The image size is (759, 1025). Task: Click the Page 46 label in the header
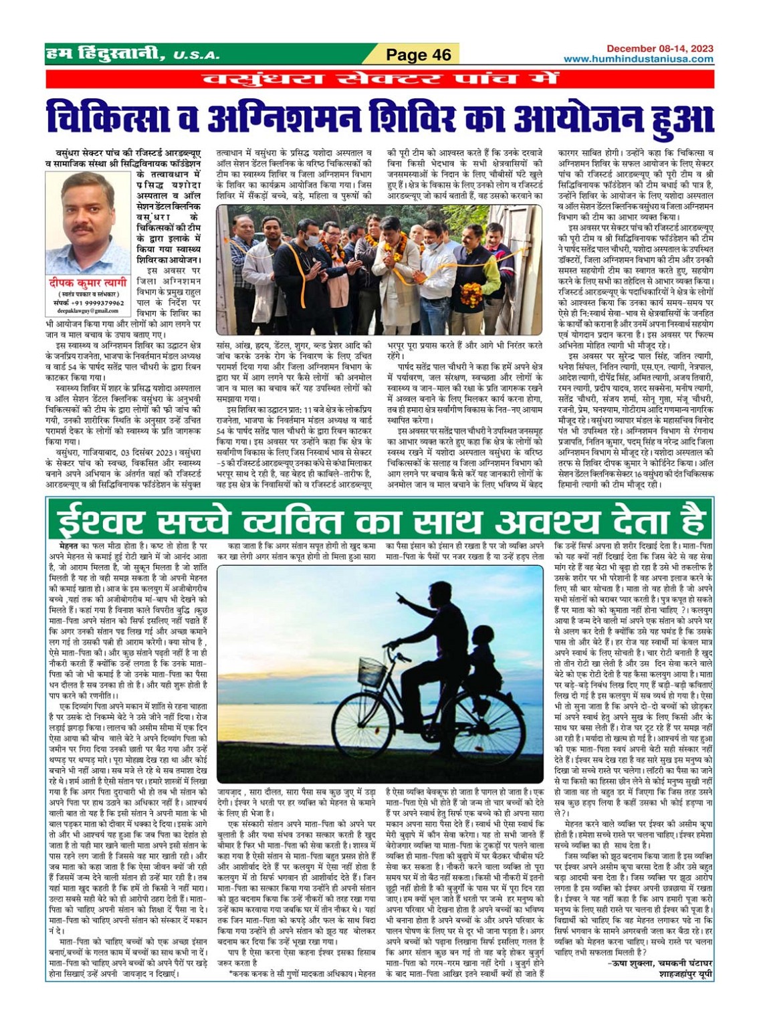coord(419,55)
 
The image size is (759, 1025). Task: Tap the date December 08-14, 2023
coord(659,48)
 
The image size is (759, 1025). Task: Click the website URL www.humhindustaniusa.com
coord(638,59)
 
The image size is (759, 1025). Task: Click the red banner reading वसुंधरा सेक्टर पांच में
coord(379,78)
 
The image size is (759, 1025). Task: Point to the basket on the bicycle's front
coord(371,669)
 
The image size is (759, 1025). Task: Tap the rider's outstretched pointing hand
coord(398,594)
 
